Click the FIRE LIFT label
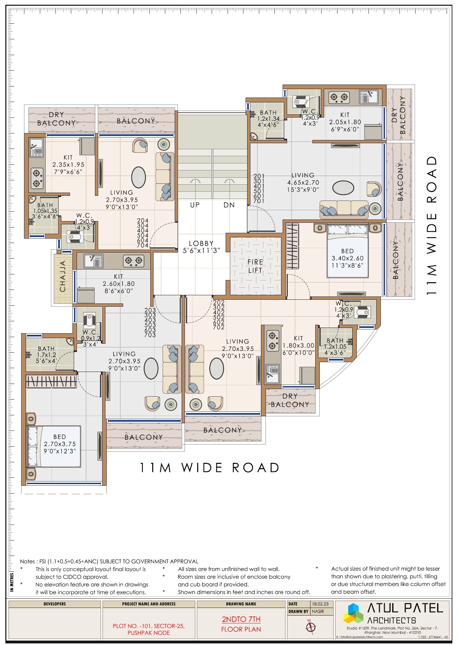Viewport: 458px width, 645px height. (255, 266)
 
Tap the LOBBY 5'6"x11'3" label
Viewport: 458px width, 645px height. (201, 247)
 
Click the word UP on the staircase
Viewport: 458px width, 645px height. (195, 205)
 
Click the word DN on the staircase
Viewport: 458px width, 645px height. (229, 205)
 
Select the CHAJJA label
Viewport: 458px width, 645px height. (63, 276)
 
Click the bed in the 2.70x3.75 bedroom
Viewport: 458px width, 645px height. (54, 446)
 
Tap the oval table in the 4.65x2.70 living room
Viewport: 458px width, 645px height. (343, 188)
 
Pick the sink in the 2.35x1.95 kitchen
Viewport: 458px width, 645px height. (36, 148)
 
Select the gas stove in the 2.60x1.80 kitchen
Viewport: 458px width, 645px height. (133, 261)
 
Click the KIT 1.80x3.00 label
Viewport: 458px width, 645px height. (298, 346)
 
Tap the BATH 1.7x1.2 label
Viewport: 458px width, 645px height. (46, 354)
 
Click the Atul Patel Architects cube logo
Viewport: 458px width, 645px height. (354, 614)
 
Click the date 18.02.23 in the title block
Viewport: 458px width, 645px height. (320, 604)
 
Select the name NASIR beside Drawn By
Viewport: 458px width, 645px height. (318, 611)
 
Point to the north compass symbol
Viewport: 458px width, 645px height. (311, 627)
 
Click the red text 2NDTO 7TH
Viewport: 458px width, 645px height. (241, 619)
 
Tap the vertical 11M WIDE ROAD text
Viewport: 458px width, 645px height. (432, 226)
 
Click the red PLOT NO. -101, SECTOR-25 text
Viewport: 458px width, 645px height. (149, 626)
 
